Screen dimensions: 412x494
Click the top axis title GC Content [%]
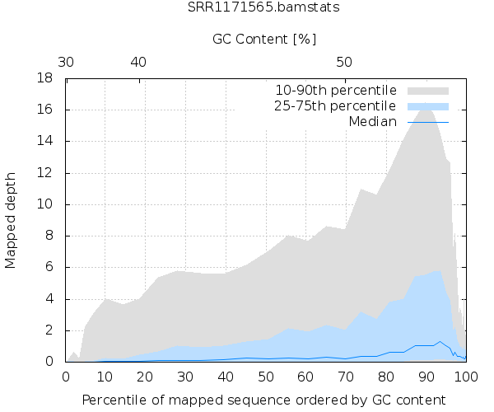coord(264,39)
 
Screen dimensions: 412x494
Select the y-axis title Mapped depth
coord(12,220)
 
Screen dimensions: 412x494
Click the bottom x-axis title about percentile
coord(266,400)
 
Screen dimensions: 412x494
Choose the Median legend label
coord(372,122)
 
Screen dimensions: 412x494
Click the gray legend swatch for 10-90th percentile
coord(426,90)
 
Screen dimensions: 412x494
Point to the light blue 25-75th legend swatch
coord(426,106)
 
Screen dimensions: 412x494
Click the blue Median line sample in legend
coord(426,122)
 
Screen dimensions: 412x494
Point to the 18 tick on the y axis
coord(47,79)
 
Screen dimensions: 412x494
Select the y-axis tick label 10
coord(47,204)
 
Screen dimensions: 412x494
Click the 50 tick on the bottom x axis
coord(266,376)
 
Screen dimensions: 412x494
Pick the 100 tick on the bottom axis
coord(466,376)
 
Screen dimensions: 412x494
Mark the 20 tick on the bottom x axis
coord(147,376)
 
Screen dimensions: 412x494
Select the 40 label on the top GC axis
coord(138,63)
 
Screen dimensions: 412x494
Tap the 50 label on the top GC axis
coord(345,63)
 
